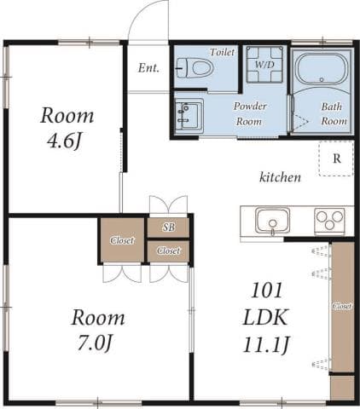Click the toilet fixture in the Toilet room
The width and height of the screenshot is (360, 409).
(194, 69)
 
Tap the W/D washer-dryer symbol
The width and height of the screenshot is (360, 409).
(264, 65)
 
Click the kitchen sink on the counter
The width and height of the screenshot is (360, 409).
(271, 222)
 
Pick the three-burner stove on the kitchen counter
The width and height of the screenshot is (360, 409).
(328, 221)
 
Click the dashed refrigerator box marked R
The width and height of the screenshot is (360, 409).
(335, 158)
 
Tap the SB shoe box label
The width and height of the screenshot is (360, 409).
(168, 228)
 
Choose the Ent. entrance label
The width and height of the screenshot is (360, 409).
(148, 68)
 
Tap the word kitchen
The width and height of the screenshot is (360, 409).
(280, 178)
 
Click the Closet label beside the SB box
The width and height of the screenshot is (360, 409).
(168, 251)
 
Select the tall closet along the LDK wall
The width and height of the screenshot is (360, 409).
(341, 307)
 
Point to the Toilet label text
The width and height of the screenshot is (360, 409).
(222, 52)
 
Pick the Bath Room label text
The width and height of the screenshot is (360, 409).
(334, 114)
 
